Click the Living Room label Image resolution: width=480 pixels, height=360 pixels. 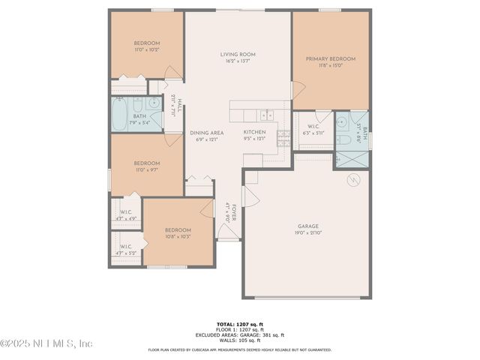(x=238, y=54)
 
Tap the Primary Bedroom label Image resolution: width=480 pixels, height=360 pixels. (x=330, y=58)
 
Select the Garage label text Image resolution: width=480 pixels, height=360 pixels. (x=308, y=226)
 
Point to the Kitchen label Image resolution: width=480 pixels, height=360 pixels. (x=255, y=132)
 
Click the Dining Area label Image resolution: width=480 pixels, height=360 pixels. (x=205, y=132)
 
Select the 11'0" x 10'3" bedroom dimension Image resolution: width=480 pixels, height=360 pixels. (x=147, y=50)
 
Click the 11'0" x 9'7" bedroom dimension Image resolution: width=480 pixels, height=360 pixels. (x=147, y=169)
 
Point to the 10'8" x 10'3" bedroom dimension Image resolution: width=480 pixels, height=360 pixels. (x=178, y=236)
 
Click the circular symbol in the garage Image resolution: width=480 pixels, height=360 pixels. (x=353, y=181)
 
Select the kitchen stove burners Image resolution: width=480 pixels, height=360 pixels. (x=283, y=136)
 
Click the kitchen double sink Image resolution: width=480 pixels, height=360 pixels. (x=265, y=115)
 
